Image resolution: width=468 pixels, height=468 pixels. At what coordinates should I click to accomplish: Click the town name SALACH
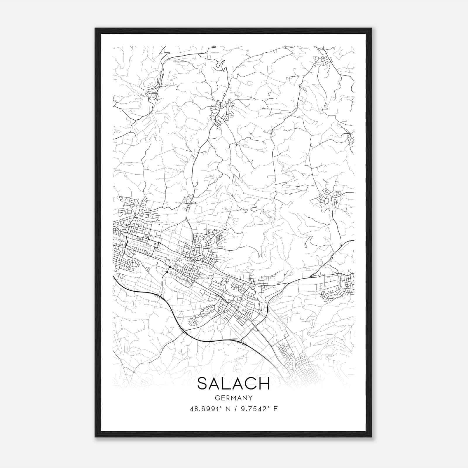click(x=233, y=383)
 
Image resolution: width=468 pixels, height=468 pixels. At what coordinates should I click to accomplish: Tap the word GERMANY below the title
click(x=233, y=398)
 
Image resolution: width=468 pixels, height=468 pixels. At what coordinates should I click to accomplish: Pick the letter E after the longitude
click(x=275, y=409)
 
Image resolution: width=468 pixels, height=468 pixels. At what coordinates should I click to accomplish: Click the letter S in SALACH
click(x=203, y=383)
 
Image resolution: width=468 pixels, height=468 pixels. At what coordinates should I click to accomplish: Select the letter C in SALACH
click(x=251, y=383)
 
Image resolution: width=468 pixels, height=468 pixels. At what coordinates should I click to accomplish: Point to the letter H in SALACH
click(x=264, y=383)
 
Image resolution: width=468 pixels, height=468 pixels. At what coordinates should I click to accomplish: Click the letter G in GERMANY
click(x=217, y=398)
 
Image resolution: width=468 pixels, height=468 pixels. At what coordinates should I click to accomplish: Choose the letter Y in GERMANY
click(x=250, y=398)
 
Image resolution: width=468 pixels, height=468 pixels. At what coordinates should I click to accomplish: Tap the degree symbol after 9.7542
click(x=269, y=407)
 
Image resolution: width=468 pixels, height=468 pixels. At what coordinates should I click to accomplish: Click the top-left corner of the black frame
click(x=95, y=28)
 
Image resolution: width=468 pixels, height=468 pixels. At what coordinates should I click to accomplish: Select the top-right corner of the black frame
click(x=371, y=28)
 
